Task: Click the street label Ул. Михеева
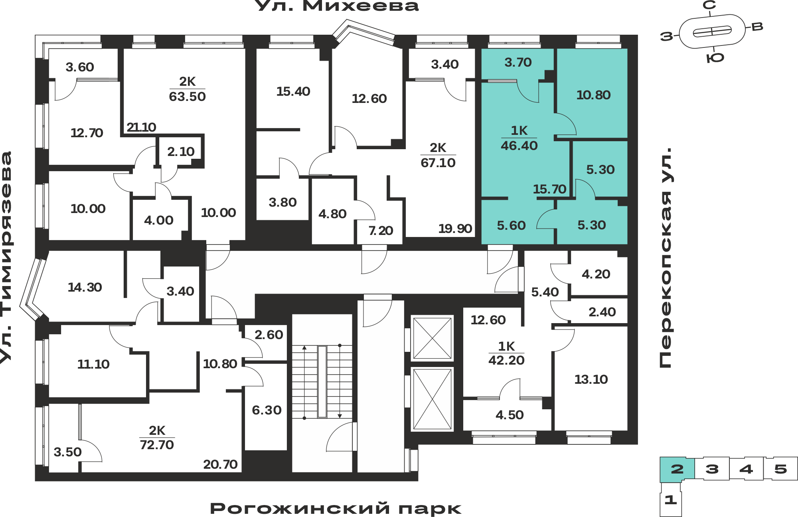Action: (336, 6)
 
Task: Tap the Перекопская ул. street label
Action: (666, 258)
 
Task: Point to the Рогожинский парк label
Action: (336, 509)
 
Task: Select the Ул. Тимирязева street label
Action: (6, 257)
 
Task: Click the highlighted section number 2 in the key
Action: (677, 469)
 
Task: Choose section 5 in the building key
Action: (780, 469)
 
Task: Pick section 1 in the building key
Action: (670, 499)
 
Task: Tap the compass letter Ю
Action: (715, 58)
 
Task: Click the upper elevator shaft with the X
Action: (432, 338)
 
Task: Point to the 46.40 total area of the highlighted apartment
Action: (519, 146)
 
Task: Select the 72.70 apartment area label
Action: (157, 444)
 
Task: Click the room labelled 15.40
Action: (293, 91)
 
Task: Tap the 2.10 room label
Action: (181, 152)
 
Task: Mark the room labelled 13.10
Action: (591, 379)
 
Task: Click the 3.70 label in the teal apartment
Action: (518, 62)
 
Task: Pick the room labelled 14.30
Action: (85, 287)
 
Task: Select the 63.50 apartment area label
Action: (187, 97)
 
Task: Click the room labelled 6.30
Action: (267, 410)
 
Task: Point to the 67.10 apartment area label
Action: (438, 163)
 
